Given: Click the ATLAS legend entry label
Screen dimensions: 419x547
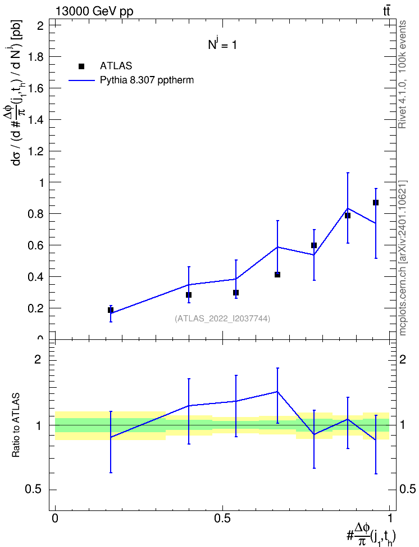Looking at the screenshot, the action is coord(116,66).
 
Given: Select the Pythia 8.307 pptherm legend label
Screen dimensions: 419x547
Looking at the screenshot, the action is coord(147,80).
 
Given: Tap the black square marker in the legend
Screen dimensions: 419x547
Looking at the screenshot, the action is coord(81,66).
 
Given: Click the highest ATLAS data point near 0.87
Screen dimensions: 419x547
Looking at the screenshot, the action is coord(375,203).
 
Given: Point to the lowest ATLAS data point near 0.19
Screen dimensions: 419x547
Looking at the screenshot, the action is coord(111,310).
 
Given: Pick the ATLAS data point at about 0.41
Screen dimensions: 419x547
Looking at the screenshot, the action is coord(277,275).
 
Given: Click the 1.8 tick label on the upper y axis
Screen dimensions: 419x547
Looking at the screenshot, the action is coord(35,57).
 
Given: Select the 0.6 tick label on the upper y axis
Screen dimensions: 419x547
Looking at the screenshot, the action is coord(35,245).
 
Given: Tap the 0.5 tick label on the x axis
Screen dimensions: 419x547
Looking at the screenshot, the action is coord(222,518).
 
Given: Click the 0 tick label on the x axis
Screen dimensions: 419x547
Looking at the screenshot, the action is coord(55,518).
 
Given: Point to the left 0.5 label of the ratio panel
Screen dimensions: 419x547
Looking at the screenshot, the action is coord(33,490).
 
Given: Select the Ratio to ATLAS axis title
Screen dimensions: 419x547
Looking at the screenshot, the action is coord(16,425).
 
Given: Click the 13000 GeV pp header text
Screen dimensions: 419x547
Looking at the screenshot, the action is coord(94,11).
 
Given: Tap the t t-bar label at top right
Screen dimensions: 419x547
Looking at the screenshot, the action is coord(386,11).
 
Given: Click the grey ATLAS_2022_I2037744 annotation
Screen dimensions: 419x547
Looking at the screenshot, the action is coord(222,319).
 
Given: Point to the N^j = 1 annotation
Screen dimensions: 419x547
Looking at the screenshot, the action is coord(222,44).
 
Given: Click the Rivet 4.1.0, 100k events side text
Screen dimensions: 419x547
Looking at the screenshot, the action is coord(402,74).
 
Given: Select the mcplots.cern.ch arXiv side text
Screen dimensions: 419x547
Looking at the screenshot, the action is coord(403,258).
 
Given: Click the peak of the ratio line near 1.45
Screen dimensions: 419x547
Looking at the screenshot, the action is coord(277,392).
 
